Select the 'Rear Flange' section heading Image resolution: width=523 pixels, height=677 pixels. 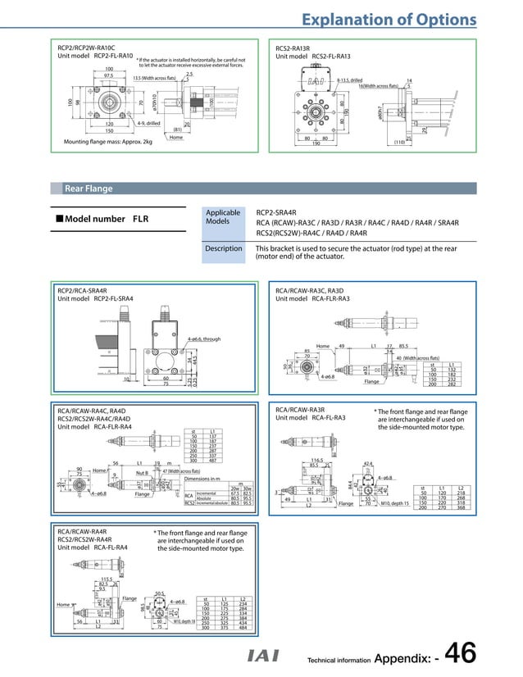pyautogui.click(x=89, y=189)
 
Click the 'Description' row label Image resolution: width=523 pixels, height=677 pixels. pyautogui.click(x=223, y=248)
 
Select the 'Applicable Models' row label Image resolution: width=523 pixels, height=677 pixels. pyautogui.click(x=223, y=216)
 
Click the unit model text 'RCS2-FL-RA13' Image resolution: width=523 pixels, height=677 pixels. pyautogui.click(x=325, y=56)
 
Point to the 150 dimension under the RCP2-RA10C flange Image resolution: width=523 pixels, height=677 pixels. pyautogui.click(x=108, y=131)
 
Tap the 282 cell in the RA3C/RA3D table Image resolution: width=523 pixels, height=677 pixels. pyautogui.click(x=453, y=384)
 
